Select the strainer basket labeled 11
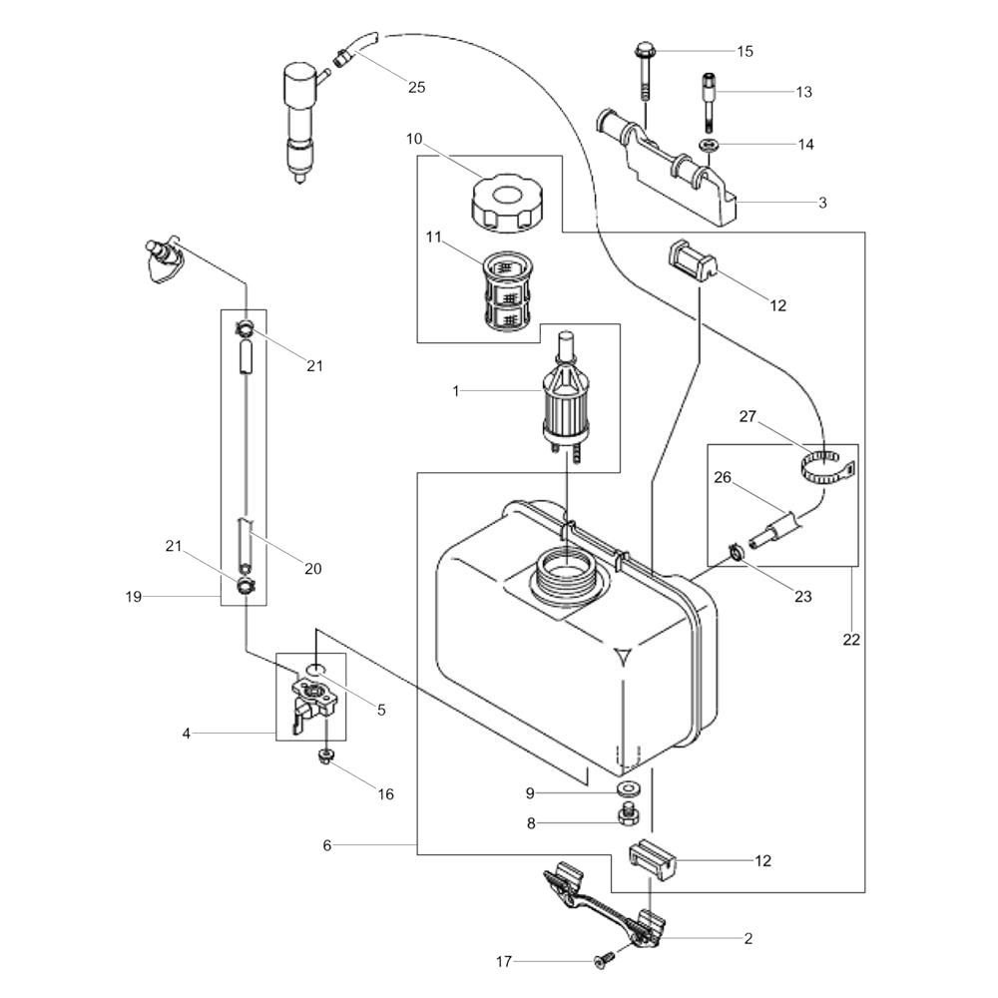point(507,291)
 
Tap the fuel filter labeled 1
point(565,401)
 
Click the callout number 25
point(416,87)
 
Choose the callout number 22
point(851,639)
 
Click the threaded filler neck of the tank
point(565,576)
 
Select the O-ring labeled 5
point(315,669)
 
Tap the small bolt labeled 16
point(325,756)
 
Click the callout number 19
point(133,597)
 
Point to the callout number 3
point(822,203)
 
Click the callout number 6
point(327,845)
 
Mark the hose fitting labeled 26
point(774,528)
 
